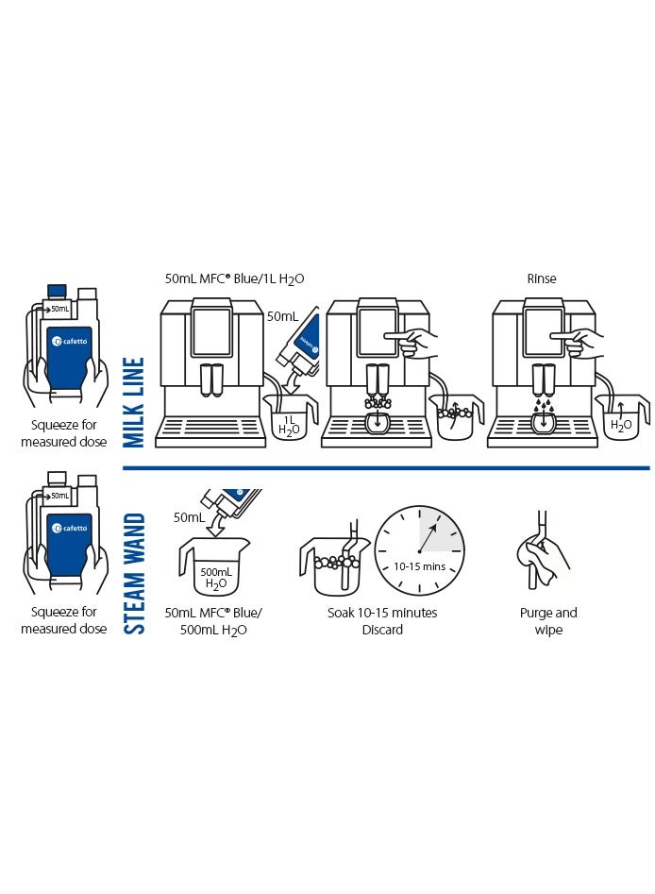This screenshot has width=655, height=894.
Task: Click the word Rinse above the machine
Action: point(542,278)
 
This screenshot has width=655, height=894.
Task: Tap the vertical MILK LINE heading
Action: point(135,402)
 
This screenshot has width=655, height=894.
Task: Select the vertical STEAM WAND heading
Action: point(135,573)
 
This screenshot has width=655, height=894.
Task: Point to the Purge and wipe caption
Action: point(548,620)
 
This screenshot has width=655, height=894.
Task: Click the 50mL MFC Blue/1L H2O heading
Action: point(235,278)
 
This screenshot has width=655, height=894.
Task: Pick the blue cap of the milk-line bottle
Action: point(56,291)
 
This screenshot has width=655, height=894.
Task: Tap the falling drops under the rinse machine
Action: point(545,405)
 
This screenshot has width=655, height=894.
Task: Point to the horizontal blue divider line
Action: point(387,467)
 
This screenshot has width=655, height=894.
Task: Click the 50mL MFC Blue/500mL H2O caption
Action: point(213,620)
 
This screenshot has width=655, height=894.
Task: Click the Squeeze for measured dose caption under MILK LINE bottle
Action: point(64,433)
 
